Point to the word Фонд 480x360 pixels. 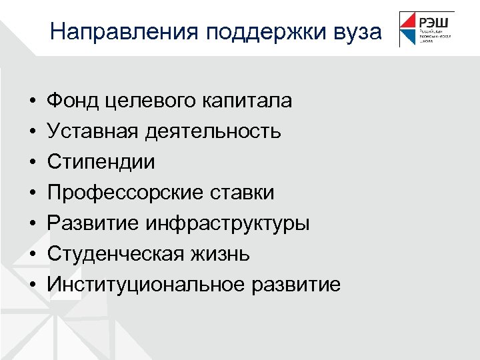click(x=70, y=101)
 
